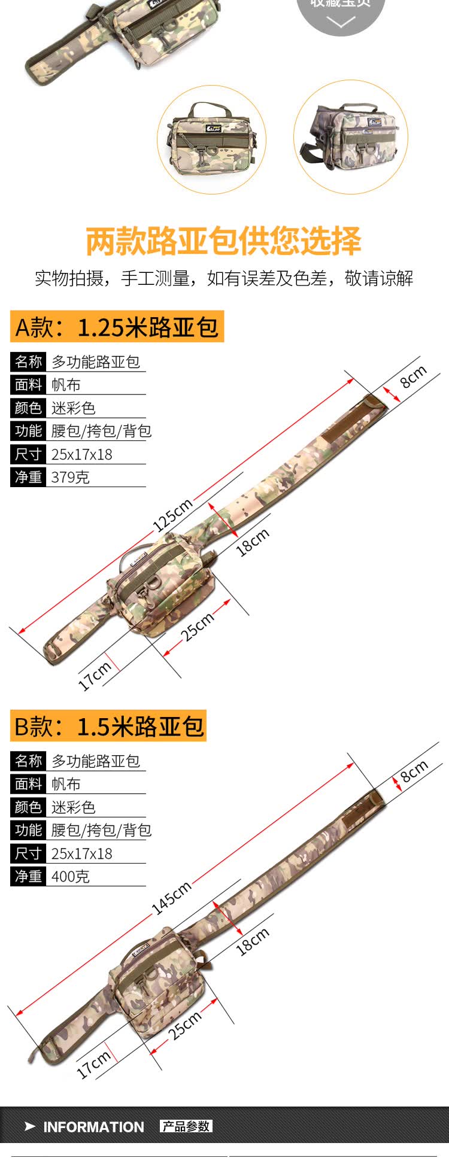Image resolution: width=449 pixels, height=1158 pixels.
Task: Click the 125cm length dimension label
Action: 172,515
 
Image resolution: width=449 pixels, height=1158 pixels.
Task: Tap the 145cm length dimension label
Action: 171,898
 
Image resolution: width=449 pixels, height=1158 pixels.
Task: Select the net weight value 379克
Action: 70,477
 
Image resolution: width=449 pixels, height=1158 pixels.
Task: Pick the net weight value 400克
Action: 70,876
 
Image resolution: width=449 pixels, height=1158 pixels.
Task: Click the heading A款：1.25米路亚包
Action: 117,327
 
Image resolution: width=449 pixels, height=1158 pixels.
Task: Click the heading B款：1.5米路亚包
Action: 108,726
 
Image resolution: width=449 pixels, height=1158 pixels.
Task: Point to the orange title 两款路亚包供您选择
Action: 224,241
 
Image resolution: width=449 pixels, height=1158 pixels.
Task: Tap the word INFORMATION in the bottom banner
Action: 93,1127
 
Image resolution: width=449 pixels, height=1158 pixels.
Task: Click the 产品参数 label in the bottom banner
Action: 186,1126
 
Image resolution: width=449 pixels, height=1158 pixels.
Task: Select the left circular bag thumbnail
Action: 211,139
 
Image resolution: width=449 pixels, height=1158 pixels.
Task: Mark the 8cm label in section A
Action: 413,376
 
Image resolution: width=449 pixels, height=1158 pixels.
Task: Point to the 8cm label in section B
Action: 414,771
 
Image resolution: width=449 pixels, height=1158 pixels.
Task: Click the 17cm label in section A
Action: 95,676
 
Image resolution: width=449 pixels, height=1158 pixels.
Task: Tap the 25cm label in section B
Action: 184,1026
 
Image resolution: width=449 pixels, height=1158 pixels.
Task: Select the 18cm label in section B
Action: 252,941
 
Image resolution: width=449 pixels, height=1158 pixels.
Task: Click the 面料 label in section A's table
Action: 28,384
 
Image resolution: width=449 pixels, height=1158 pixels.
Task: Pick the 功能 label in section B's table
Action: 28,830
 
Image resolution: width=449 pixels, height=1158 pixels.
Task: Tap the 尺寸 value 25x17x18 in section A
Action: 81,454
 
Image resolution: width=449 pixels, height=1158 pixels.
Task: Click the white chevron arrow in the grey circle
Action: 341,22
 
